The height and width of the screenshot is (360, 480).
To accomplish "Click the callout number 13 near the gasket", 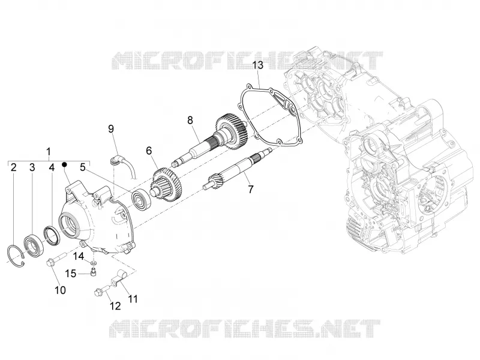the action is (257, 65).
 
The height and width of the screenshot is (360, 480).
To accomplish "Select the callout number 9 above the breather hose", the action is (111, 129).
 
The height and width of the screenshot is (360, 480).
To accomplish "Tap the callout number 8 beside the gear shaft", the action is (190, 121).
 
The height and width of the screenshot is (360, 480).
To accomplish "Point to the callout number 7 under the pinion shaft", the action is (251, 190).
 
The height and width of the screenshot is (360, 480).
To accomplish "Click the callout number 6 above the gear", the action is (149, 151).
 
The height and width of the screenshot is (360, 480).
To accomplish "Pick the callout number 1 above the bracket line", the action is (49, 152).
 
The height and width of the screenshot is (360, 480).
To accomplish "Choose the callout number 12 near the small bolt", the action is (115, 305).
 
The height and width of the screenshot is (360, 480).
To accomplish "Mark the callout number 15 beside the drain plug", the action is (71, 274).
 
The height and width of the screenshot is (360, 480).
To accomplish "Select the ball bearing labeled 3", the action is (34, 244).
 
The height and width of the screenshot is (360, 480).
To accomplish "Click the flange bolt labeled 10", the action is (55, 259).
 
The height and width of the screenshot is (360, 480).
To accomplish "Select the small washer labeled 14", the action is (94, 263).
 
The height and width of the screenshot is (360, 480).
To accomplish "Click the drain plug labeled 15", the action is (93, 272).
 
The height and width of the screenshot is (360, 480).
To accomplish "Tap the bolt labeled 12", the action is (101, 290).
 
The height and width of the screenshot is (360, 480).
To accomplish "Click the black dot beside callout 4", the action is (64, 164).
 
